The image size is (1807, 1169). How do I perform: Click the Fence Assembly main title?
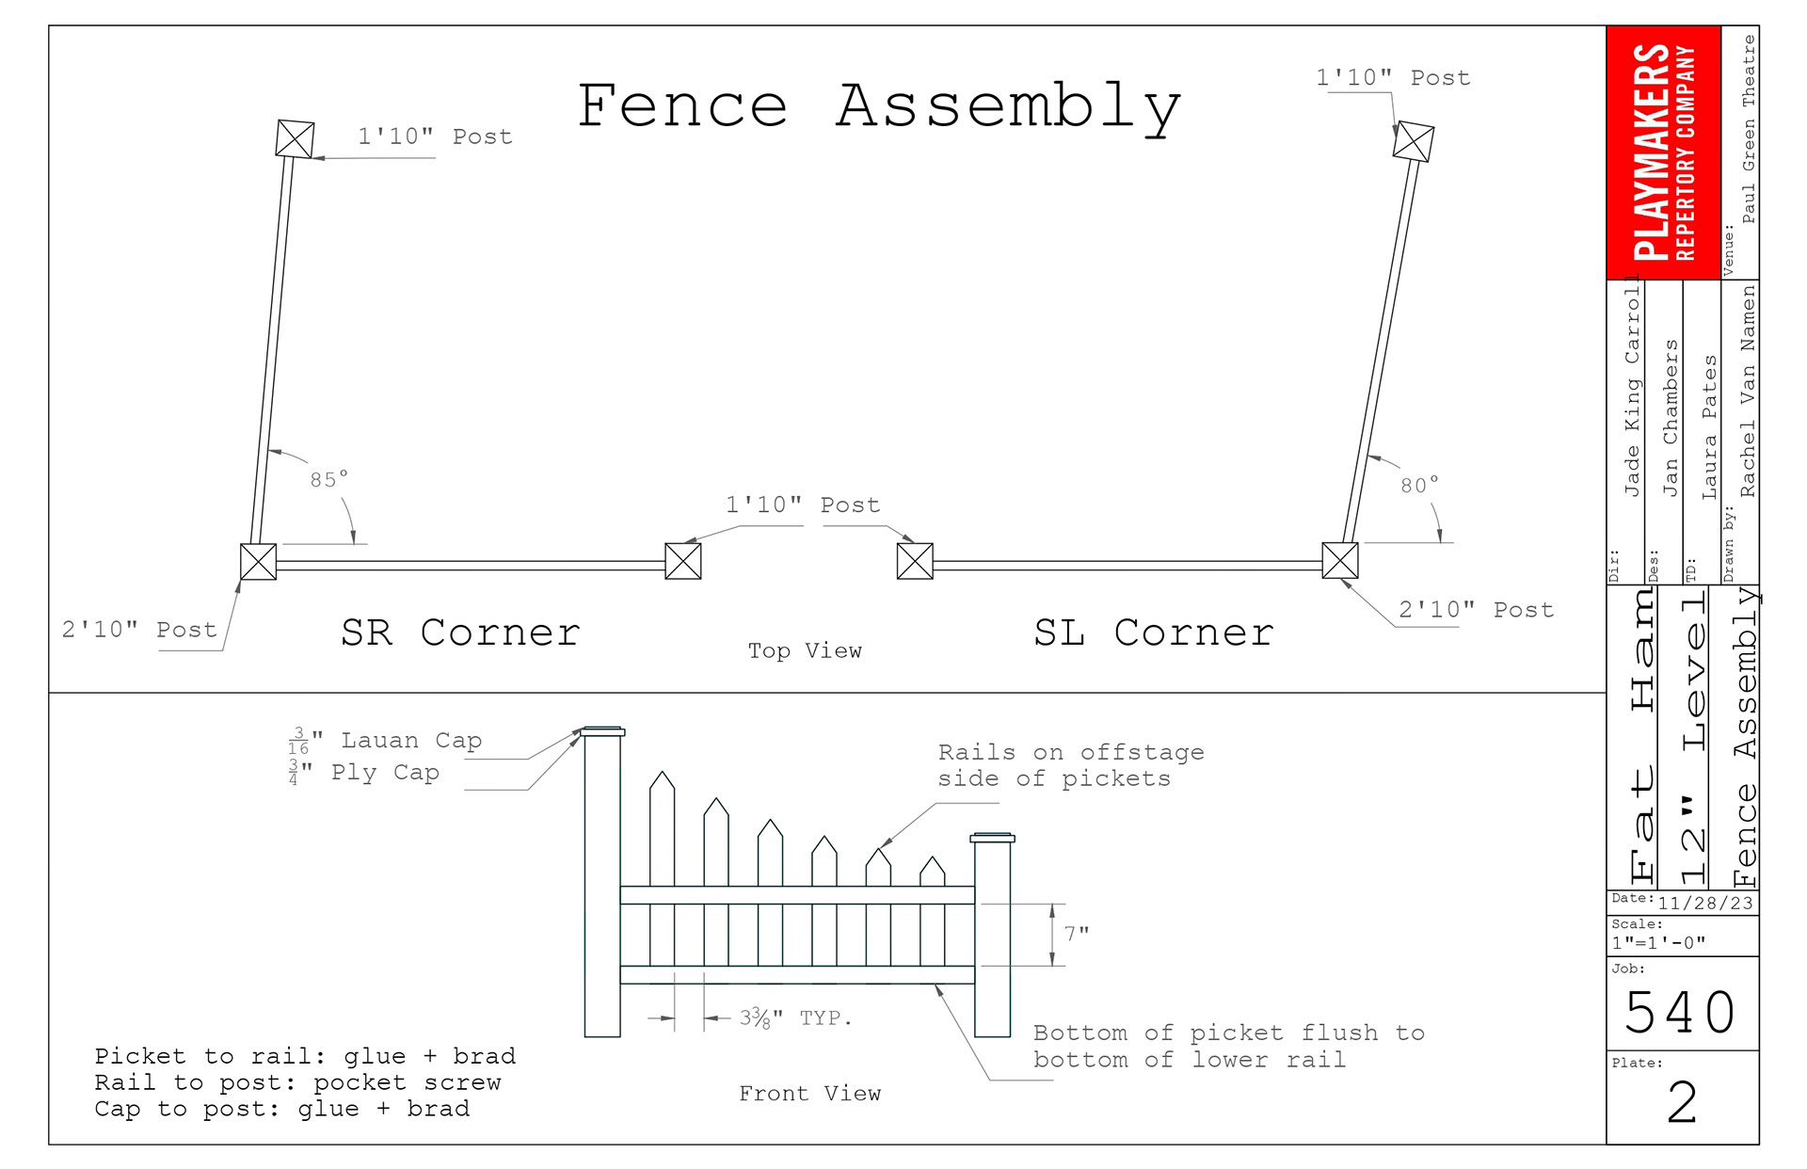(879, 106)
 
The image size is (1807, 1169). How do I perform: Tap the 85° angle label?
(329, 480)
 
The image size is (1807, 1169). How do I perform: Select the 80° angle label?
(1419, 486)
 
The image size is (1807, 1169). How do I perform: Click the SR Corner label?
(460, 633)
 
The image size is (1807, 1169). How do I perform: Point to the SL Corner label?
(1154, 633)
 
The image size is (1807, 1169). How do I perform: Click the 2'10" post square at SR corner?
(258, 562)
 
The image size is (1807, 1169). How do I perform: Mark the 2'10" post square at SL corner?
(1340, 561)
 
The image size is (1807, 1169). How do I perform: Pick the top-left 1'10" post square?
(295, 139)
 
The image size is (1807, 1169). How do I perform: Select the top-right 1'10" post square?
(1414, 141)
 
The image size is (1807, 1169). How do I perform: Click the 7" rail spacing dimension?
(1077, 934)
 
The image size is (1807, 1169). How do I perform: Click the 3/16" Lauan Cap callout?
(386, 742)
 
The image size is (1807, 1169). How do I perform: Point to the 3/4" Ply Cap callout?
(365, 773)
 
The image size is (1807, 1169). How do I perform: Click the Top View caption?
(805, 650)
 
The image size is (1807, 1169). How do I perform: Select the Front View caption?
(809, 1093)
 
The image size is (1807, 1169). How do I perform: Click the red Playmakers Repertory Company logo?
(1663, 152)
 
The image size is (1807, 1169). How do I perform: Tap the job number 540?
(1680, 1013)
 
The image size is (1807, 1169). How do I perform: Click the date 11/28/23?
(1704, 904)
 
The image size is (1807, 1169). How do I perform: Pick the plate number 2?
(1682, 1103)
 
